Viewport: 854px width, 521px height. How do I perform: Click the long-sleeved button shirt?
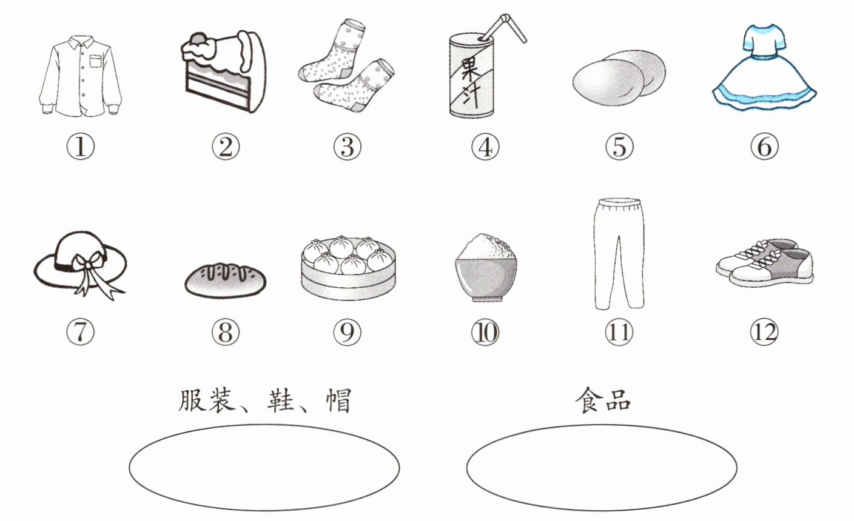(x=80, y=76)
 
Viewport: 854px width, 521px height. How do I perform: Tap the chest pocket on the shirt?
(x=96, y=61)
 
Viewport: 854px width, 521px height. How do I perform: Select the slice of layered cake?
(x=223, y=71)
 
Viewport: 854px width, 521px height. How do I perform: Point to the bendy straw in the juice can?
(x=503, y=27)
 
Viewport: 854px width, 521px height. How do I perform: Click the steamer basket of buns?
(x=348, y=268)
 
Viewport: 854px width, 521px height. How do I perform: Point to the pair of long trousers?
(x=619, y=253)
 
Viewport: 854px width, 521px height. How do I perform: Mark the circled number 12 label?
(x=764, y=332)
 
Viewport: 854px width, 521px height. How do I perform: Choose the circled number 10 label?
(x=485, y=332)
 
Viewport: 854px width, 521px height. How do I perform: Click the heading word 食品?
(x=603, y=400)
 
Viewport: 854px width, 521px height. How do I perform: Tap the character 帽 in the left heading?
(x=338, y=400)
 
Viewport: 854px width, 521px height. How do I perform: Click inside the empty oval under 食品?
(x=602, y=468)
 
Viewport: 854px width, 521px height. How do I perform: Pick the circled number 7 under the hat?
(x=80, y=332)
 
